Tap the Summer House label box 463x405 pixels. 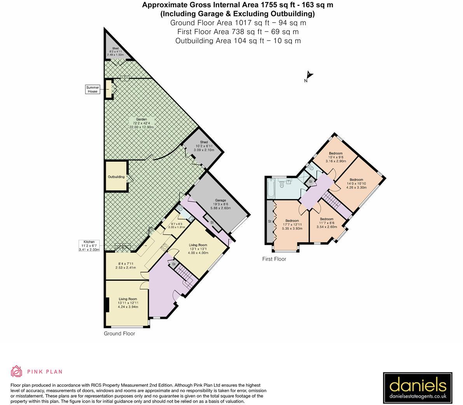(93, 90)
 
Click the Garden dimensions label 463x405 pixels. (142, 123)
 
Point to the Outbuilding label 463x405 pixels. (116, 177)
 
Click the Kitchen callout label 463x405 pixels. (89, 246)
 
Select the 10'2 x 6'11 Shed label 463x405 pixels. (204, 146)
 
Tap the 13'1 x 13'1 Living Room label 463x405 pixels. (198, 249)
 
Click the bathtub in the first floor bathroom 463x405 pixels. (271, 188)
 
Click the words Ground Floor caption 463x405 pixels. (119, 334)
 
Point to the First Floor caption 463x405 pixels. (274, 259)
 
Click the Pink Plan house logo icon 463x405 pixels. (17, 371)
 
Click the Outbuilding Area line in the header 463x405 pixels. (238, 40)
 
